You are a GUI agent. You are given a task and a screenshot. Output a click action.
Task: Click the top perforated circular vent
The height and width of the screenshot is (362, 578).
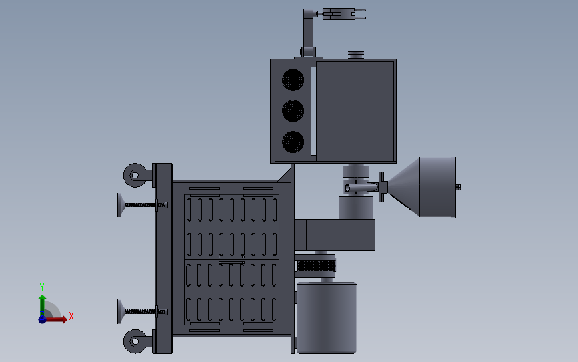pyautogui.click(x=292, y=80)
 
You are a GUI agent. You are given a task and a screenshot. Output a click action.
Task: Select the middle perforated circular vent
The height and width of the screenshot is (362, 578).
pyautogui.click(x=292, y=110)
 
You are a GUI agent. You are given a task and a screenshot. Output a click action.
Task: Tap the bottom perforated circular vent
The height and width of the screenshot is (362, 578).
pyautogui.click(x=292, y=141)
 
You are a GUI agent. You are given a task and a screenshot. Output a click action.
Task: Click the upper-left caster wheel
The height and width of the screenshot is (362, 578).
pyautogui.click(x=135, y=176)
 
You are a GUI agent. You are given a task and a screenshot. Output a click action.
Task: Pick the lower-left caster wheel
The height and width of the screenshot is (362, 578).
pyautogui.click(x=135, y=341)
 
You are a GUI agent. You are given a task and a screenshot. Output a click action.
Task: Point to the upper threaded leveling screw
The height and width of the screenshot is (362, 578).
pyautogui.click(x=140, y=205)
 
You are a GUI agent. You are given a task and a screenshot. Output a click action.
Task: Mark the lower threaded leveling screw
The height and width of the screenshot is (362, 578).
pyautogui.click(x=140, y=311)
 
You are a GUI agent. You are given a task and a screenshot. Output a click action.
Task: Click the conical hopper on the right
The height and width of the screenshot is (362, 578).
pyautogui.click(x=423, y=187)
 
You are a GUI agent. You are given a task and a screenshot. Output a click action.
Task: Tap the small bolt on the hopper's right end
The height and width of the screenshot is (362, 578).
pyautogui.click(x=458, y=187)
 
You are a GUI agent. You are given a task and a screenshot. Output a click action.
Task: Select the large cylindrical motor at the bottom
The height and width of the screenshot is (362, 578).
pyautogui.click(x=326, y=317)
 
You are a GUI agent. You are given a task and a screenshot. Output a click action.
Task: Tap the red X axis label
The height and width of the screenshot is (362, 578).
pyautogui.click(x=71, y=316)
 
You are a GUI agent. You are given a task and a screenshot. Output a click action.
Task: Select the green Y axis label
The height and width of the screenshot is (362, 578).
pyautogui.click(x=41, y=287)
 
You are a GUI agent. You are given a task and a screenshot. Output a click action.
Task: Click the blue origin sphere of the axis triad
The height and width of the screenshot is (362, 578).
pyautogui.click(x=42, y=319)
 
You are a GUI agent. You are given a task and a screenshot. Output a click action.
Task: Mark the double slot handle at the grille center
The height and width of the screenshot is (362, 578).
pyautogui.click(x=231, y=259)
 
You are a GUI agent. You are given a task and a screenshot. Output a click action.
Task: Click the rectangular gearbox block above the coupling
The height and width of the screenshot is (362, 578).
pyautogui.click(x=334, y=234)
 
